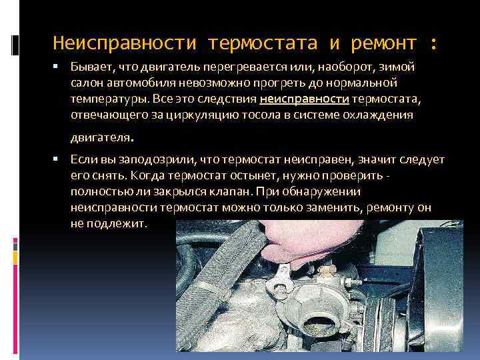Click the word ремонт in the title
click(383, 43)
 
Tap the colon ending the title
click(433, 44)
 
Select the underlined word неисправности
click(304, 99)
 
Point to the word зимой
click(397, 67)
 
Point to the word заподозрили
click(157, 160)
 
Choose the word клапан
click(231, 192)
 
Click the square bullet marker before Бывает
click(55, 66)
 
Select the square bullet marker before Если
click(55, 159)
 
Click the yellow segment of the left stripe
click(15, 258)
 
